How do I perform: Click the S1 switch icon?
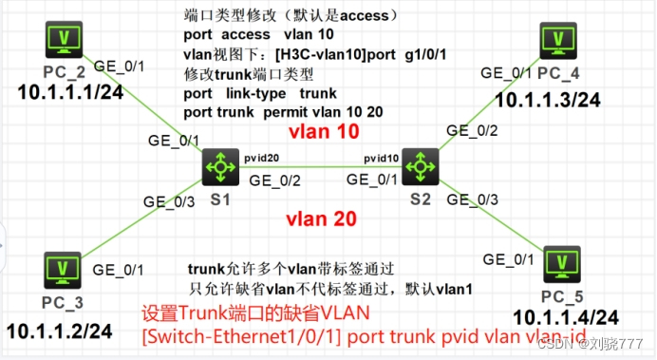coord(220,168)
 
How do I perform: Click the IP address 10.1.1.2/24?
coord(60,332)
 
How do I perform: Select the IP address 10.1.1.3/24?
coord(548,100)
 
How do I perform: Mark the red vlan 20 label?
coord(322,218)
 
